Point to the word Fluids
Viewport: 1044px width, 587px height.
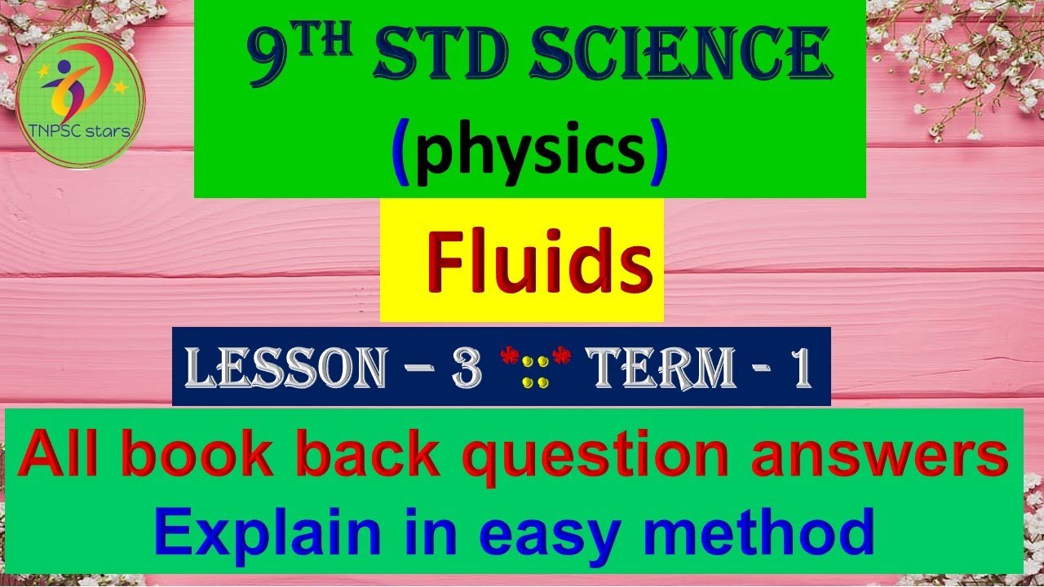pyautogui.click(x=539, y=263)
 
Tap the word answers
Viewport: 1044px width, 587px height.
pyautogui.click(x=879, y=457)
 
